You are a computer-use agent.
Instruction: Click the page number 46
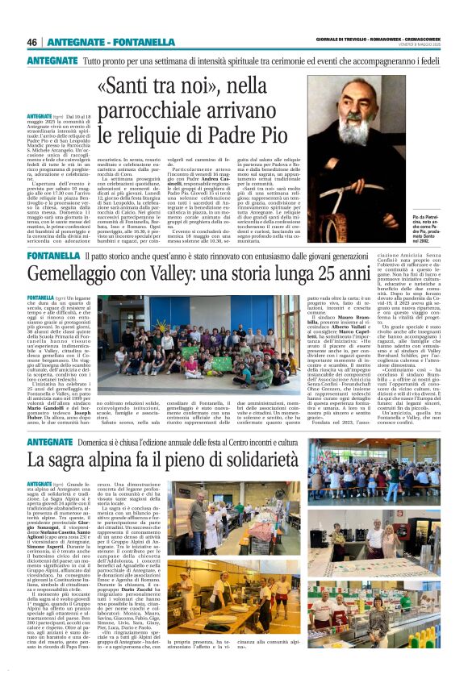[x=32, y=42]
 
